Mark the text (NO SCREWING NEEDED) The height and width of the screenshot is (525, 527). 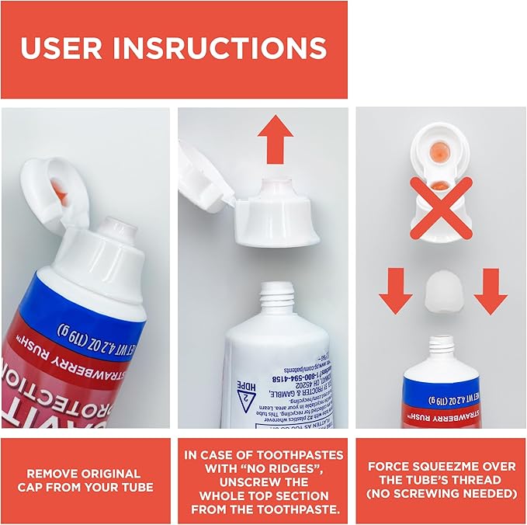(441, 494)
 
